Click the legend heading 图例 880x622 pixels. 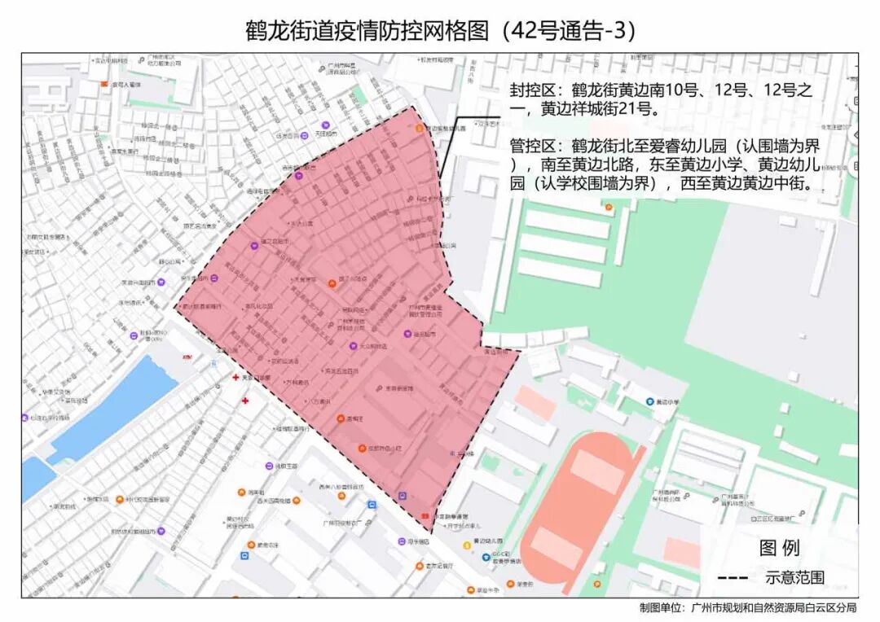click(x=779, y=548)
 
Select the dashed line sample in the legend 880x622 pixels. click(x=733, y=578)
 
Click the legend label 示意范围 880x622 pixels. click(x=794, y=578)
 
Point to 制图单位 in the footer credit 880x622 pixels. click(x=662, y=608)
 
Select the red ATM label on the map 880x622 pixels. click(x=187, y=357)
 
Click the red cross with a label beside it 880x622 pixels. click(x=237, y=378)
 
